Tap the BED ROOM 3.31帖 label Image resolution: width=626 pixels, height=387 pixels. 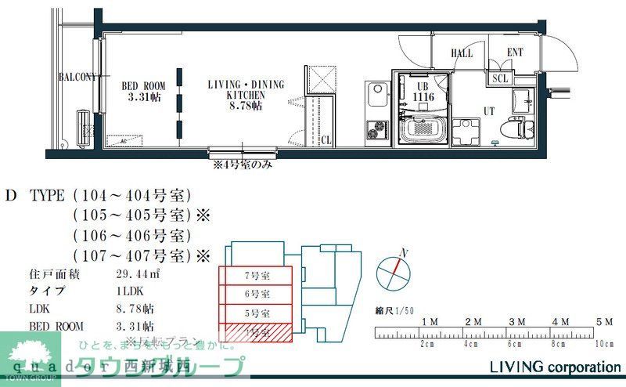click(142, 92)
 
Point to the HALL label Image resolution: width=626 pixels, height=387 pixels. click(462, 53)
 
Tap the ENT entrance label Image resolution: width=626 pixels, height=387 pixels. click(515, 53)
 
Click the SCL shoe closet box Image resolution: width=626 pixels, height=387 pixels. click(500, 78)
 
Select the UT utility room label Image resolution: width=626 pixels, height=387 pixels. click(488, 111)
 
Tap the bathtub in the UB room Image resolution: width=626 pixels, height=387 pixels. click(423, 129)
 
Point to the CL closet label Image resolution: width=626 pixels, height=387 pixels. click(326, 140)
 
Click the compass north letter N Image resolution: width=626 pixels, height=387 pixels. click(405, 252)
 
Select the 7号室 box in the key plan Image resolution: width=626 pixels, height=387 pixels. click(256, 276)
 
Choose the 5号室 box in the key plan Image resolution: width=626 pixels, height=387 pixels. click(256, 313)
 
